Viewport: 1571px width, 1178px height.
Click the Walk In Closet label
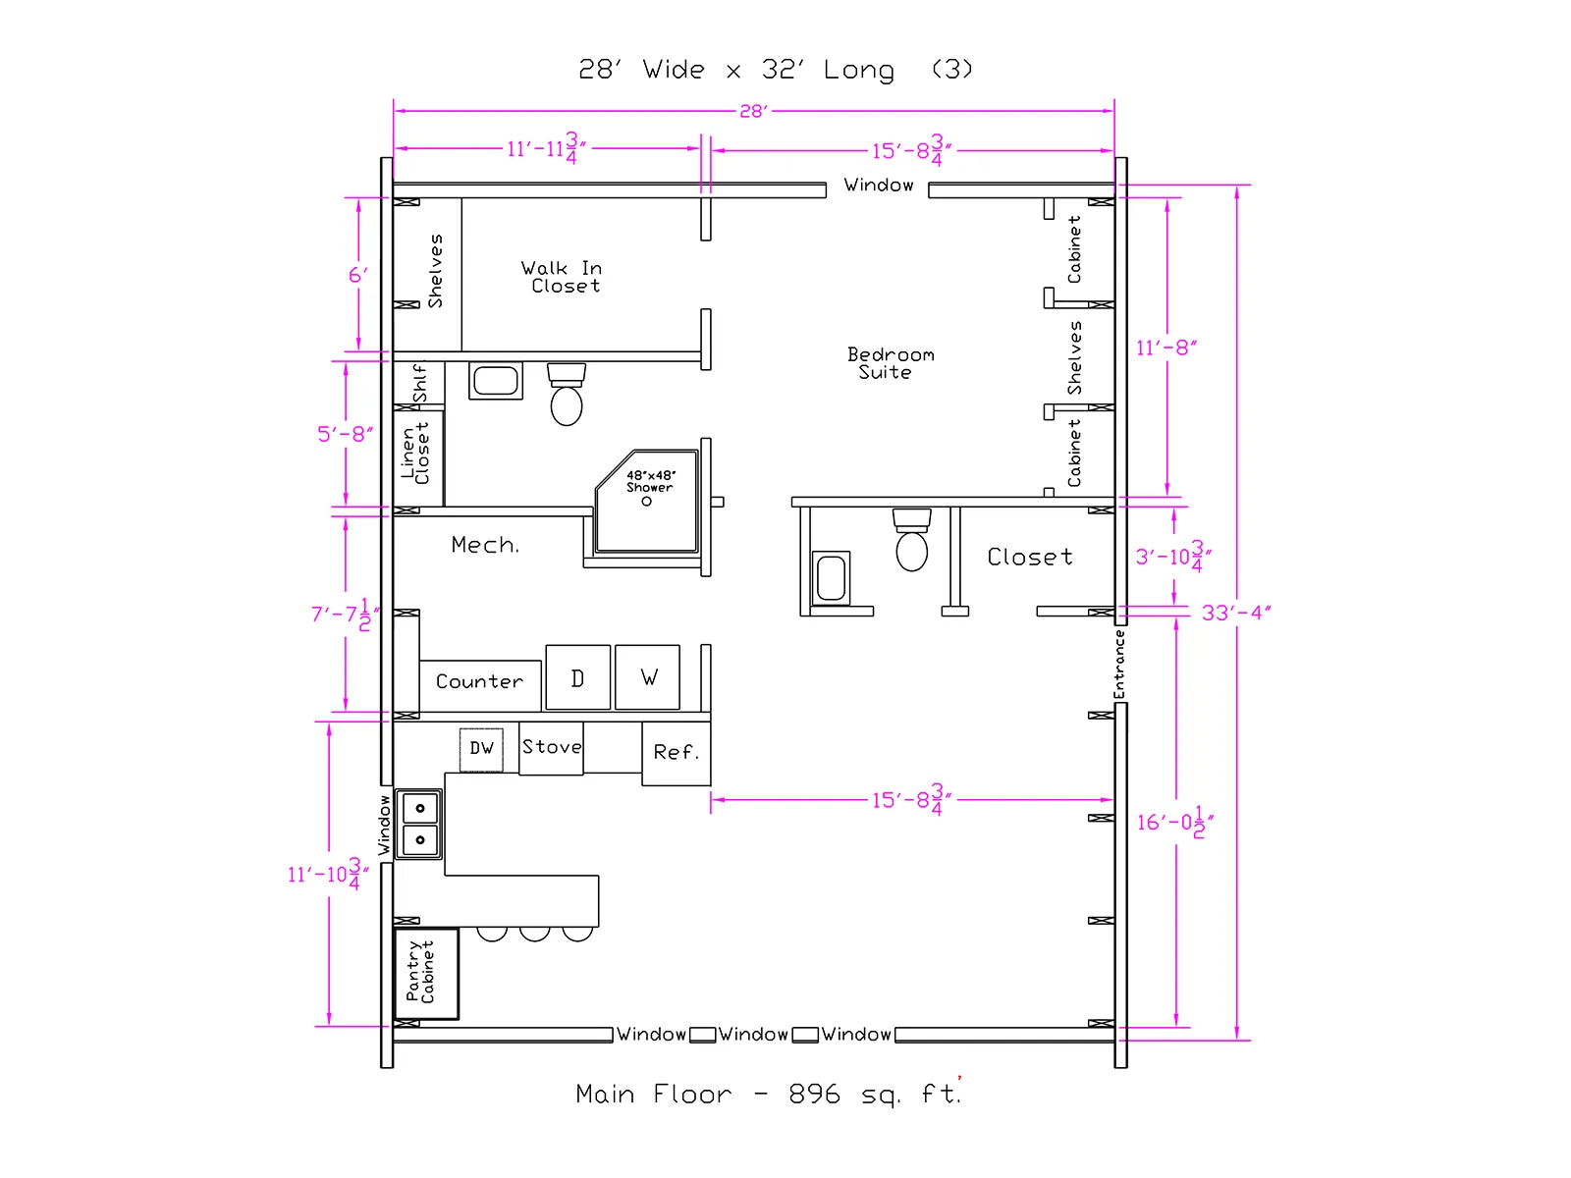coord(561,277)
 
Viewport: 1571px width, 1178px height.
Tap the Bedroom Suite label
coord(891,363)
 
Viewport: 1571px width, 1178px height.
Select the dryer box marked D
coord(577,676)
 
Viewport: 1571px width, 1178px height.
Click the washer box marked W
coord(647,676)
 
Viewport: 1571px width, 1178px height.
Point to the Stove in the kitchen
coord(551,748)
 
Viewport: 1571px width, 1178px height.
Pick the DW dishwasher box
coord(481,750)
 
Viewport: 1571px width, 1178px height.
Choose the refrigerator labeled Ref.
coord(676,753)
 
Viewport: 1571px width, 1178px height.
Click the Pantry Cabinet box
coord(426,974)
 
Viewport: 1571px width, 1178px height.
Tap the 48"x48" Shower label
coord(651,481)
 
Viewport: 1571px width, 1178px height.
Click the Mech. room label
coord(484,545)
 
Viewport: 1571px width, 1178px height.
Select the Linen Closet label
coord(415,454)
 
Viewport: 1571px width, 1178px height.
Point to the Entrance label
coord(1118,665)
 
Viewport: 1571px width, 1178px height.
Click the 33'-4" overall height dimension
coord(1236,613)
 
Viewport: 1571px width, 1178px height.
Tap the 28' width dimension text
coord(753,112)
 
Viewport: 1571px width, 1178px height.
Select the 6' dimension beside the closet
coord(357,275)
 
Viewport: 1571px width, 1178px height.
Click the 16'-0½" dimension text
coord(1175,822)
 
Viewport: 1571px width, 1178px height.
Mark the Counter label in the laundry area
coord(479,681)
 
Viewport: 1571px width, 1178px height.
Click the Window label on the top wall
coord(878,186)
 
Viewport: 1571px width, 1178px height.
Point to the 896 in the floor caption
coord(814,1094)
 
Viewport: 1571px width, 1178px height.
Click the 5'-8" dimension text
coord(345,434)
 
